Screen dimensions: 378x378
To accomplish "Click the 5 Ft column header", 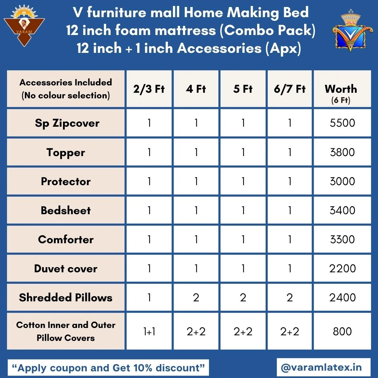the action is coord(243,89).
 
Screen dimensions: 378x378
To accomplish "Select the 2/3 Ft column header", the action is coord(149,89).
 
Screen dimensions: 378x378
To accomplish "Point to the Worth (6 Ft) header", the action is coord(341,93).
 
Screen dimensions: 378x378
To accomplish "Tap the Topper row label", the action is coord(65,153).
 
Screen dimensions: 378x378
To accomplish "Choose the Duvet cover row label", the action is coord(65,268).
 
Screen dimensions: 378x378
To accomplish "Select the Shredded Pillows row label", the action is coord(65,297).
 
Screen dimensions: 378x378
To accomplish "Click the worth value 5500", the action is coord(342,123).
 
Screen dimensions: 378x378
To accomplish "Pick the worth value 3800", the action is coord(342,152).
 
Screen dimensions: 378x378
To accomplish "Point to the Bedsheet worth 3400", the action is coord(342,210).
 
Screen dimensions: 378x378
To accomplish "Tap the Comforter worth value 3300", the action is coord(342,239).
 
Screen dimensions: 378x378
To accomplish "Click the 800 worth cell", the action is coord(342,331).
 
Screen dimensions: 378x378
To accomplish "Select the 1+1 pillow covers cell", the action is coord(149,332).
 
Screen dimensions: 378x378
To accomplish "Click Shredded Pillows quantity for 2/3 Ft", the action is coord(149,297).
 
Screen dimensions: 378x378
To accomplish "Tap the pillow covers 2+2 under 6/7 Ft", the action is coord(289,332).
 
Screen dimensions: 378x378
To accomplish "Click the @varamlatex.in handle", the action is coord(321,367).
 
